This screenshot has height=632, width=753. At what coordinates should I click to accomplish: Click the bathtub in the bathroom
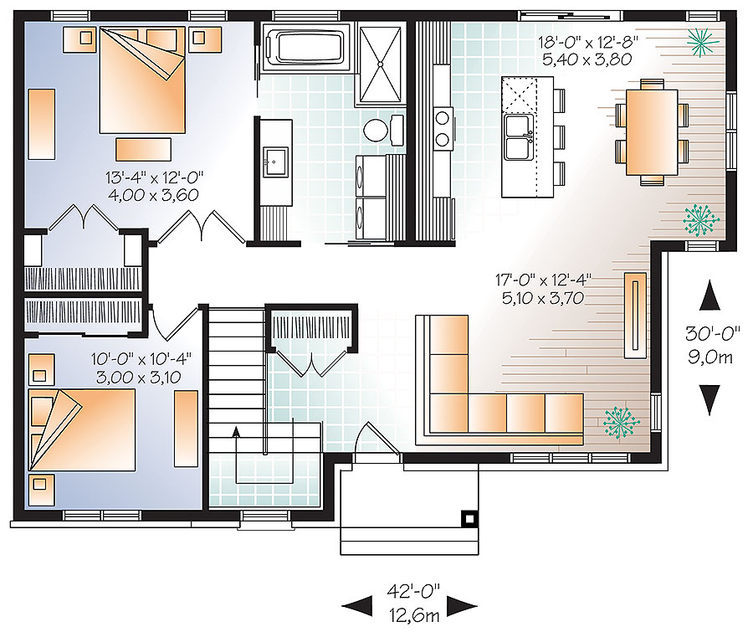tap(306, 45)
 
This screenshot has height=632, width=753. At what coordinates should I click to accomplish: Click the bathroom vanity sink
tap(274, 159)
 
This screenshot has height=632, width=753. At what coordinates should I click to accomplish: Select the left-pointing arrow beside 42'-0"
tap(357, 604)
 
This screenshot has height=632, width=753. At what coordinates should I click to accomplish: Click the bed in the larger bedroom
tap(142, 75)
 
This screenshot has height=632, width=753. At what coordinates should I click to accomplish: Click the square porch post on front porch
tap(470, 519)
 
